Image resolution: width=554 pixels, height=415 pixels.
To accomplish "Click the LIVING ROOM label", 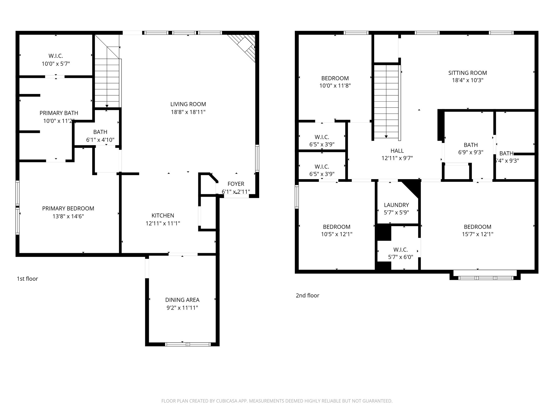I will click(x=188, y=104).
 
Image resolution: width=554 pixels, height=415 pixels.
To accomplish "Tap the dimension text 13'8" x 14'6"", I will click(x=68, y=216).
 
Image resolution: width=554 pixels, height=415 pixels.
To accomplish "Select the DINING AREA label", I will click(x=182, y=300).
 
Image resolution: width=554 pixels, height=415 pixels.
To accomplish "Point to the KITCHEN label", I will click(x=163, y=215).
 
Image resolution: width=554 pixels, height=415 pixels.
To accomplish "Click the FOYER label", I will click(x=236, y=184).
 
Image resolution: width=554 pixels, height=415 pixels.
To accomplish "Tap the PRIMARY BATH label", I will click(x=59, y=113).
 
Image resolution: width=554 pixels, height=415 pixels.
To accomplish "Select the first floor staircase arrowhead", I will click(x=107, y=106).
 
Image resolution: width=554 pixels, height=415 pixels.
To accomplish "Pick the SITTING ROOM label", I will click(x=467, y=73).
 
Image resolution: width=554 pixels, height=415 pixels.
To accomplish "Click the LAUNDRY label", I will click(x=396, y=205).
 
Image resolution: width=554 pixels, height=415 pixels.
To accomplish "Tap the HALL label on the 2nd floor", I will click(x=397, y=151).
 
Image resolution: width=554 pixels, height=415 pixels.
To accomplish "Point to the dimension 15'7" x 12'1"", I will click(x=477, y=234).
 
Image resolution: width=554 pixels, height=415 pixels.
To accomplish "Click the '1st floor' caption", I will click(x=27, y=279).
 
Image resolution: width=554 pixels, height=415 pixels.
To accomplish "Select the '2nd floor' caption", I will click(x=307, y=295).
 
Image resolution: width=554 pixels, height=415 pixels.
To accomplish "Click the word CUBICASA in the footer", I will click(x=226, y=401).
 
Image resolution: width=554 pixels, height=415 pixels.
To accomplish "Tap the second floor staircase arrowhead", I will click(x=386, y=136).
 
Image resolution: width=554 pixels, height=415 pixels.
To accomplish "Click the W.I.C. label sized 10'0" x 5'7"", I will click(x=56, y=56).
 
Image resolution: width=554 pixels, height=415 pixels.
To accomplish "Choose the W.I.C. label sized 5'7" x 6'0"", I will click(x=400, y=249).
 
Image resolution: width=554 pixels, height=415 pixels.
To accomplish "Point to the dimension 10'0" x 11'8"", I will click(x=335, y=86).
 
